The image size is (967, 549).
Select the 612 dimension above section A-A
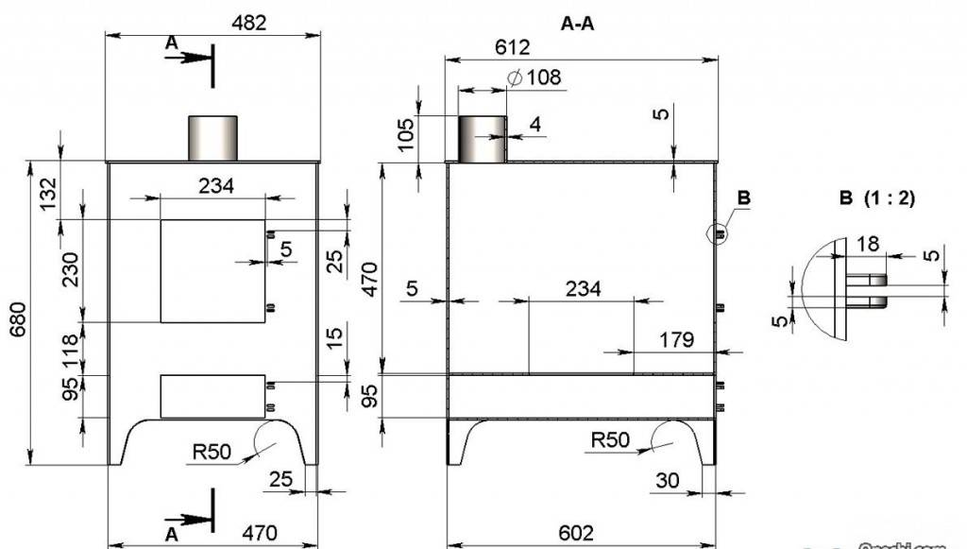(511, 47)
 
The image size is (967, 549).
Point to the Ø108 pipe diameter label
(535, 77)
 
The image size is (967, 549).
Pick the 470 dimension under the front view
(260, 533)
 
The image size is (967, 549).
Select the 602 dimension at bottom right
(577, 533)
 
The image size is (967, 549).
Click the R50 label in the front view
(212, 452)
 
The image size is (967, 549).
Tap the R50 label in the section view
(610, 440)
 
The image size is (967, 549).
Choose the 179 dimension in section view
(677, 338)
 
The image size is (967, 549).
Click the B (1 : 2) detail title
(876, 199)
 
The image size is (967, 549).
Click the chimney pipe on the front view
(212, 138)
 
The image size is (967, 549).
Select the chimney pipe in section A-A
(483, 139)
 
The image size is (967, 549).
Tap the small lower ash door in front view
(212, 396)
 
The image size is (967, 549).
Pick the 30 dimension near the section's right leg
(667, 480)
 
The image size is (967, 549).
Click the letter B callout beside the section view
(743, 197)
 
